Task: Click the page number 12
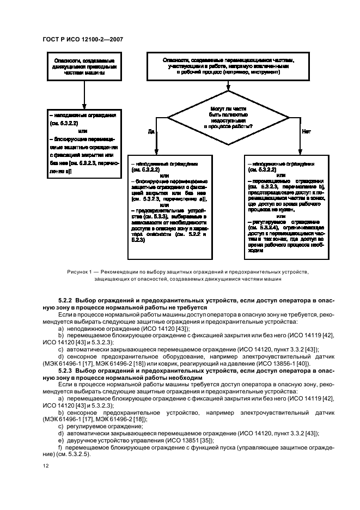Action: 45,465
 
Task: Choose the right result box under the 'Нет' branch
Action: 287,207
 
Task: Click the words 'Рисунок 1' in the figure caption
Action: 80,271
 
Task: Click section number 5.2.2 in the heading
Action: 65,300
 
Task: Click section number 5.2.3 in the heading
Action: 65,371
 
